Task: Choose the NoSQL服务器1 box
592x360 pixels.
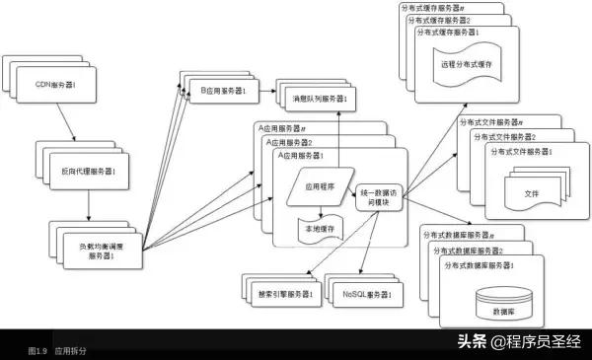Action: (x=366, y=294)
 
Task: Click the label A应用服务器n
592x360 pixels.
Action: (x=281, y=129)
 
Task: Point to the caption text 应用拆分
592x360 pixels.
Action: (x=70, y=350)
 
